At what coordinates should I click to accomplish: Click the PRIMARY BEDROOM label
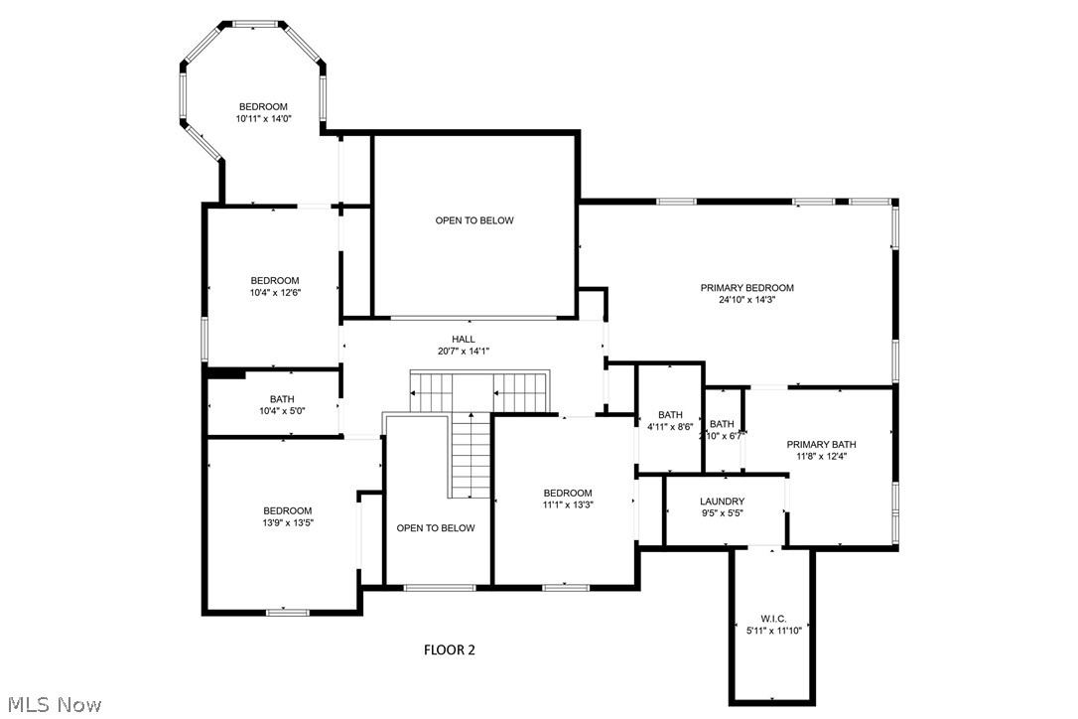[x=746, y=288]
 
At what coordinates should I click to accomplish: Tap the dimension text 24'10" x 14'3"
[x=746, y=300]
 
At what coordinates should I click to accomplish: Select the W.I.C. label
[x=772, y=619]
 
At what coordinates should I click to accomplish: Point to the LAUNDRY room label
[x=722, y=502]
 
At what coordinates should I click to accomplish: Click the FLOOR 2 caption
[x=450, y=650]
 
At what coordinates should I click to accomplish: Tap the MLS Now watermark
[x=52, y=705]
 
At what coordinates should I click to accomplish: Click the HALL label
[x=464, y=339]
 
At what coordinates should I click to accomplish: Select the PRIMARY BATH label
[x=821, y=445]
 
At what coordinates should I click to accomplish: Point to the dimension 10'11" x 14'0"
[x=263, y=119]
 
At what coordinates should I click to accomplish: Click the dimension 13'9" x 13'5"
[x=287, y=522]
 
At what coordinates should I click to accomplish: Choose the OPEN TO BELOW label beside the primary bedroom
[x=474, y=220]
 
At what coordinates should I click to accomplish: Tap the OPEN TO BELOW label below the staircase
[x=436, y=528]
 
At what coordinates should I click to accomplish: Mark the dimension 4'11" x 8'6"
[x=670, y=427]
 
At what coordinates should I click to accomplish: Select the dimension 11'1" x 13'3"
[x=567, y=504]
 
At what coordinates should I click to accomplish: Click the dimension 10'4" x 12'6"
[x=275, y=292]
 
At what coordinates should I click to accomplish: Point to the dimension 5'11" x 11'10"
[x=773, y=630]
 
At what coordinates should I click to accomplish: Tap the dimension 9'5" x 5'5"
[x=722, y=513]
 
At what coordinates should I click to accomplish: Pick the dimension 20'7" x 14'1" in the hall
[x=464, y=351]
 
